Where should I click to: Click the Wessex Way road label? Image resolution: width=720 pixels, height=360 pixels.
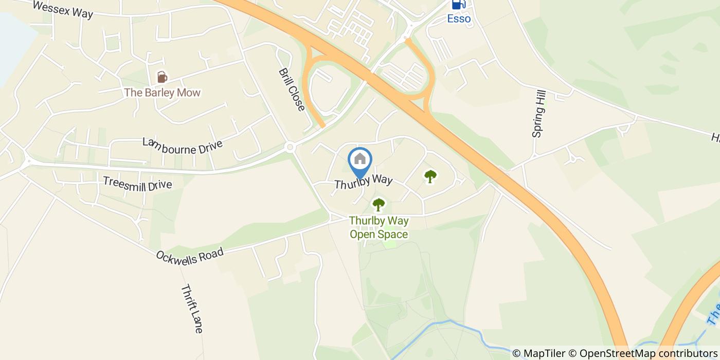[x=62, y=9]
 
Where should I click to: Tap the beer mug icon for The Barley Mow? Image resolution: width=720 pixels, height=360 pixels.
[x=162, y=77]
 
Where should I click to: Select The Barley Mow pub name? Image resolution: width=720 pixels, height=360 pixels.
[x=162, y=93]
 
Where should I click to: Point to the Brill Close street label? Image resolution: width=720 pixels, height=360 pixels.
[x=292, y=89]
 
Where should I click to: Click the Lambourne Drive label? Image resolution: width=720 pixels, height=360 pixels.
[x=183, y=146]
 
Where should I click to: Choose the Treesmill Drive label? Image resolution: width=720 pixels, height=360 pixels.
[x=137, y=184]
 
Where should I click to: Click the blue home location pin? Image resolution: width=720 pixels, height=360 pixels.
[x=360, y=160]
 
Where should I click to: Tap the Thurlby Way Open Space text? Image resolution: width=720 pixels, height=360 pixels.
[x=379, y=227]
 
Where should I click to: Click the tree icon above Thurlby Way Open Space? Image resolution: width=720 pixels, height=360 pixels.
[x=379, y=205]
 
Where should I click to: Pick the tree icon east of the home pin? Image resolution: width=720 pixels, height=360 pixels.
[x=430, y=176]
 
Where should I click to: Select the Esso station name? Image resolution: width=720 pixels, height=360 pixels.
[x=459, y=19]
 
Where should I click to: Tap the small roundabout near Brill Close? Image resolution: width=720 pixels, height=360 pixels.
[x=290, y=148]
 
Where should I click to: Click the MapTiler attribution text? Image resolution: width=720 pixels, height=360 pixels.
[x=538, y=353]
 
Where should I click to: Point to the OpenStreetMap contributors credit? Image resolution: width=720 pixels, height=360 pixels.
[x=643, y=353]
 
